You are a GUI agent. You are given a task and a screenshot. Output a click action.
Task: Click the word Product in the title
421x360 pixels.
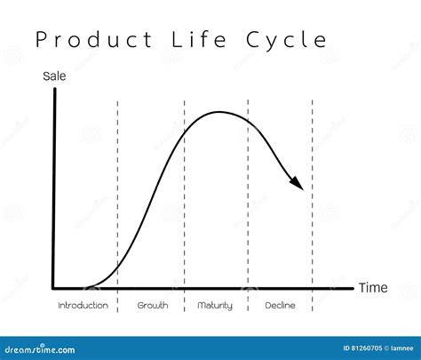pos(94,40)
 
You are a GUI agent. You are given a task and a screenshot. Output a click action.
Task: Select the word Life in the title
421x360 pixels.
pos(199,39)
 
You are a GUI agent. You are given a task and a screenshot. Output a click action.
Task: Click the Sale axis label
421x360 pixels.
pos(54,76)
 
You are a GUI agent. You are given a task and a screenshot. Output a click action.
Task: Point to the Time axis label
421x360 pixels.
pos(373,288)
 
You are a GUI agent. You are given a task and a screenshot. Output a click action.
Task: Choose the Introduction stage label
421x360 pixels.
pos(83,305)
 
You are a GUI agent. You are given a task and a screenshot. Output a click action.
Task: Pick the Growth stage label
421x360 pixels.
pos(153,305)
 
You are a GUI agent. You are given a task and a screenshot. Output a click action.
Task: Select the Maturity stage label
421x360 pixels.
pos(215,306)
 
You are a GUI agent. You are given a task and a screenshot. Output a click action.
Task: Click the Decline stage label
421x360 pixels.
pos(280,305)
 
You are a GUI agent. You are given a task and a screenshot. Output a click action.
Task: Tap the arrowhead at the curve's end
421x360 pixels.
pos(297,183)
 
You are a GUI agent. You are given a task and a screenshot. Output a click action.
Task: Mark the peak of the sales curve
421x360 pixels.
pos(219,112)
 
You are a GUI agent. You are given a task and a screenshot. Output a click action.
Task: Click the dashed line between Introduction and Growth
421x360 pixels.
pos(117,206)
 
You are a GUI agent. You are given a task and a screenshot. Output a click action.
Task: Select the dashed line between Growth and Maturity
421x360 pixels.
pos(184,205)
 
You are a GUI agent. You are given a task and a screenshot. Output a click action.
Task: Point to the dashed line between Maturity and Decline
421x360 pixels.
pos(248,205)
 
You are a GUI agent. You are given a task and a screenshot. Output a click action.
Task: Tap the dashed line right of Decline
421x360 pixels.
pos(313,205)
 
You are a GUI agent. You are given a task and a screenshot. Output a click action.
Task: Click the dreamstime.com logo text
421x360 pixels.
pos(40,349)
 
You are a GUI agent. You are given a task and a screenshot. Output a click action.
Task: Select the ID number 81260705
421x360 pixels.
pos(367,348)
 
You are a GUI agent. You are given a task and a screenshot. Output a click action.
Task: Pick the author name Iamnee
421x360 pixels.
pos(401,348)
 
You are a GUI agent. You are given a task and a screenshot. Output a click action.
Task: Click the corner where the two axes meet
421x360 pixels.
pos(53,288)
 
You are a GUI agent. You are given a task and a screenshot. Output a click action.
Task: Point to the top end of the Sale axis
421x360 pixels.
pos(55,89)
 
